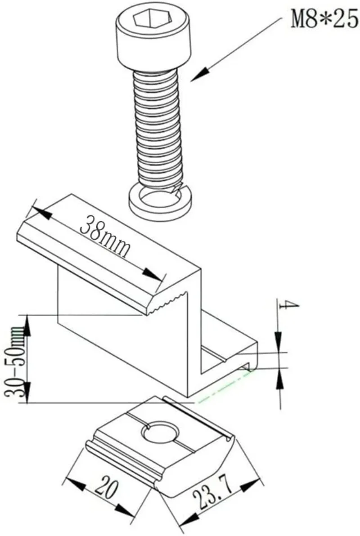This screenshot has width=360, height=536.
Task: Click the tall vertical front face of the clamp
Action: point(121,333)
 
